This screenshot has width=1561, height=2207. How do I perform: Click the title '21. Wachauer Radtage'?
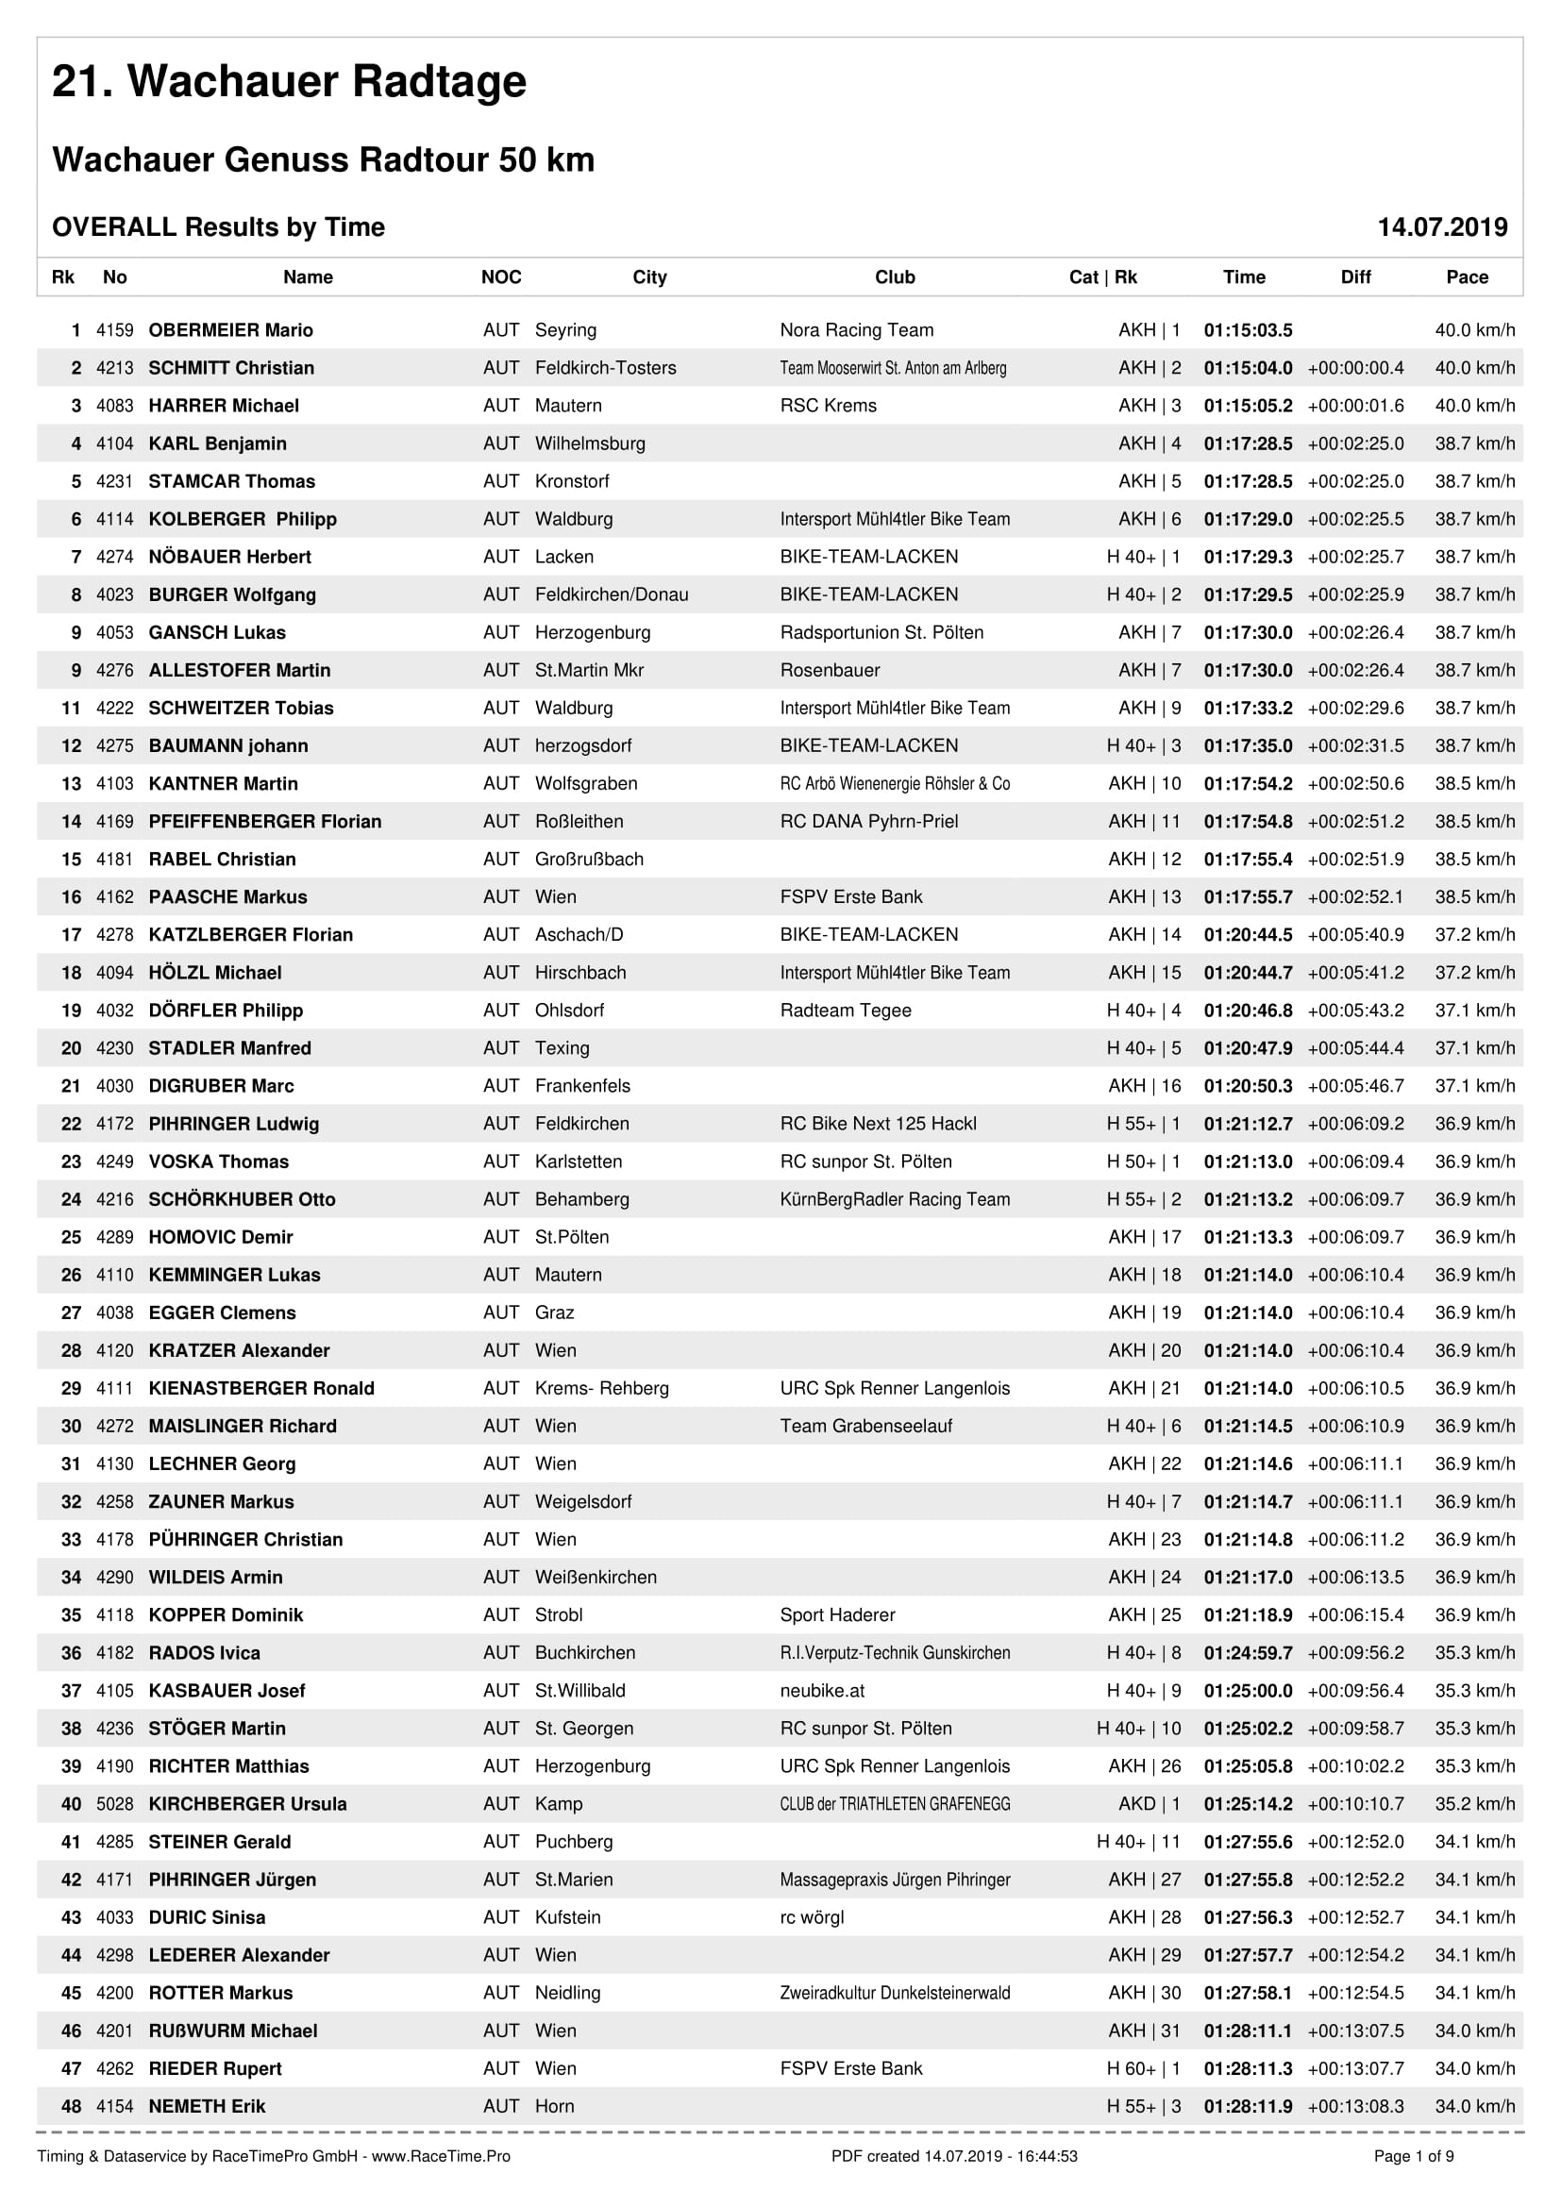coord(289,82)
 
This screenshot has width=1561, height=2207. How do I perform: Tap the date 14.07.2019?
coord(1442,226)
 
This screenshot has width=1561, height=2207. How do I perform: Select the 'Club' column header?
coord(894,276)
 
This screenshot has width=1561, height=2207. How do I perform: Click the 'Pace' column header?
coord(1467,276)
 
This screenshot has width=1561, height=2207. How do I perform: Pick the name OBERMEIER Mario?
coord(230,329)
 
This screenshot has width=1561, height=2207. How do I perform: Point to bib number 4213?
coord(114,368)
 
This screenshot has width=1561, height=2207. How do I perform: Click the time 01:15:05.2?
coord(1248,406)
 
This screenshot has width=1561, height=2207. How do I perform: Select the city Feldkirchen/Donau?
coord(612,595)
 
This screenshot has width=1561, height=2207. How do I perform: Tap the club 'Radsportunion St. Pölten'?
coord(881,632)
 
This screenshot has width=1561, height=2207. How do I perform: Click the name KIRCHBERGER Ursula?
coord(247,1804)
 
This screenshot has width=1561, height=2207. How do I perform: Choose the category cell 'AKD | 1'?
coord(1149,1804)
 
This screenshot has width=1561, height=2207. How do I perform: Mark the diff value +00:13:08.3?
coord(1355,2106)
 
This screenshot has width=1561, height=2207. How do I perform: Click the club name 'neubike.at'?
coord(822,1691)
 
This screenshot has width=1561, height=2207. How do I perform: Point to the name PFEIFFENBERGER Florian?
coord(264,822)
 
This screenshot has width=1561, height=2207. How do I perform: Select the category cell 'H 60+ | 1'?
coord(1143,2068)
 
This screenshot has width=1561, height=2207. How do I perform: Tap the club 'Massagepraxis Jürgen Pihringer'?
coord(895,1880)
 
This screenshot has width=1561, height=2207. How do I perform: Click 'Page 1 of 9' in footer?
coord(1413,2156)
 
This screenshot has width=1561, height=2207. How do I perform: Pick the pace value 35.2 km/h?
coord(1474,1804)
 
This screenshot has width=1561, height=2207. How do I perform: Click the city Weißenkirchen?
coord(596,1578)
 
